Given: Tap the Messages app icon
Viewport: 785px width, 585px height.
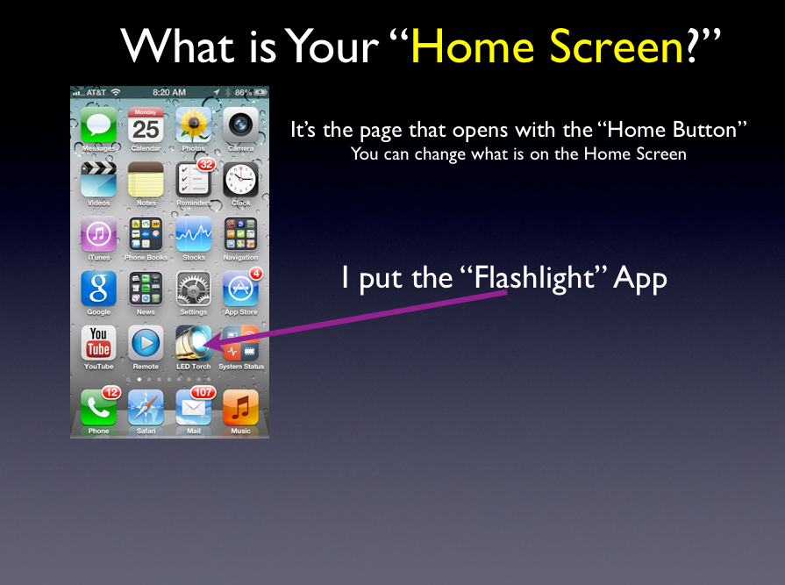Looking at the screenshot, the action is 98,125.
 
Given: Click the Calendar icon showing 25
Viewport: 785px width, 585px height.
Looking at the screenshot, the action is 146,125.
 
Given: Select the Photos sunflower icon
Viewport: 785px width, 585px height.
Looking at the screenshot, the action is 193,125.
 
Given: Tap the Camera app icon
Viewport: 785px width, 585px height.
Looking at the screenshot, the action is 241,125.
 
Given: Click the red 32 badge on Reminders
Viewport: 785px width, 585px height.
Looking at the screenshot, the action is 206,164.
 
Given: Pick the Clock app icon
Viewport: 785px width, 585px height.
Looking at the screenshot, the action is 241,180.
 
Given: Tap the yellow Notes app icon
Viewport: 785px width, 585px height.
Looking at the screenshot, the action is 146,180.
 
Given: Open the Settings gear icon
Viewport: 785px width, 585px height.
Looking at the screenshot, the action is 193,289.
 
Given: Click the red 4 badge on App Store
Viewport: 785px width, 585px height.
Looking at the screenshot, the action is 256,274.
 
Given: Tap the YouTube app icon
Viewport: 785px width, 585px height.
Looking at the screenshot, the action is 98,343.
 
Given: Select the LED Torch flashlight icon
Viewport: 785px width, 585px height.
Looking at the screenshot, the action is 193,343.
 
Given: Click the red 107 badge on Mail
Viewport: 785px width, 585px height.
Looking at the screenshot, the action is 203,392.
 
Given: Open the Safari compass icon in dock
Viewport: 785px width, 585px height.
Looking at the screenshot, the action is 146,407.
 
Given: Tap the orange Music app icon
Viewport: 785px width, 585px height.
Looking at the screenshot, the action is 241,407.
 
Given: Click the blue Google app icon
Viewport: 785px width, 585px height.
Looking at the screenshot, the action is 98,289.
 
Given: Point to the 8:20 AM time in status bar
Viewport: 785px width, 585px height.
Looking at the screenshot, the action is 169,93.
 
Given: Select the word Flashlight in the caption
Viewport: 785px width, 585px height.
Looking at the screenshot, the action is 533,278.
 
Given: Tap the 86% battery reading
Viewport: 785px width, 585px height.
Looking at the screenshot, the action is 243,93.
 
